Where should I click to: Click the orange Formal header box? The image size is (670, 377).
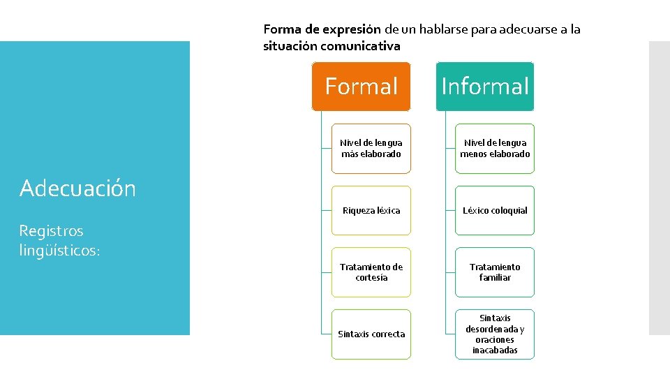[361, 87]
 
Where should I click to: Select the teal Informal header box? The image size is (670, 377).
[485, 87]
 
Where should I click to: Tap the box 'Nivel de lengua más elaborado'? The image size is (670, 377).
[371, 149]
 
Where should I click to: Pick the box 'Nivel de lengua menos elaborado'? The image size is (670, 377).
[495, 149]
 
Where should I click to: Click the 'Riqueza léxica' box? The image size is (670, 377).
[371, 210]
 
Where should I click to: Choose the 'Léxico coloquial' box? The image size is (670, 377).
[495, 210]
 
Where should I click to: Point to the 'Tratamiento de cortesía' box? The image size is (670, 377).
[371, 272]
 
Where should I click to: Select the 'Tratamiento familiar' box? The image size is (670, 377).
[495, 272]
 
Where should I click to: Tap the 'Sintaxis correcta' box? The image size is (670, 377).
[371, 334]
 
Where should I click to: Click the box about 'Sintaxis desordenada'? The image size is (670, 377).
[495, 334]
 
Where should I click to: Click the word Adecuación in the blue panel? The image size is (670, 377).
[77, 188]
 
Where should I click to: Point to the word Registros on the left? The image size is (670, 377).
[51, 231]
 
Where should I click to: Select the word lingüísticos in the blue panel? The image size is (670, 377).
[60, 251]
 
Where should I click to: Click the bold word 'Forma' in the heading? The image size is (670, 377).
[278, 30]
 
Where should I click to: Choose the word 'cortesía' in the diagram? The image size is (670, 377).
[371, 278]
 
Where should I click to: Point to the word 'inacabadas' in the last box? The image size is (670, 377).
[495, 350]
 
